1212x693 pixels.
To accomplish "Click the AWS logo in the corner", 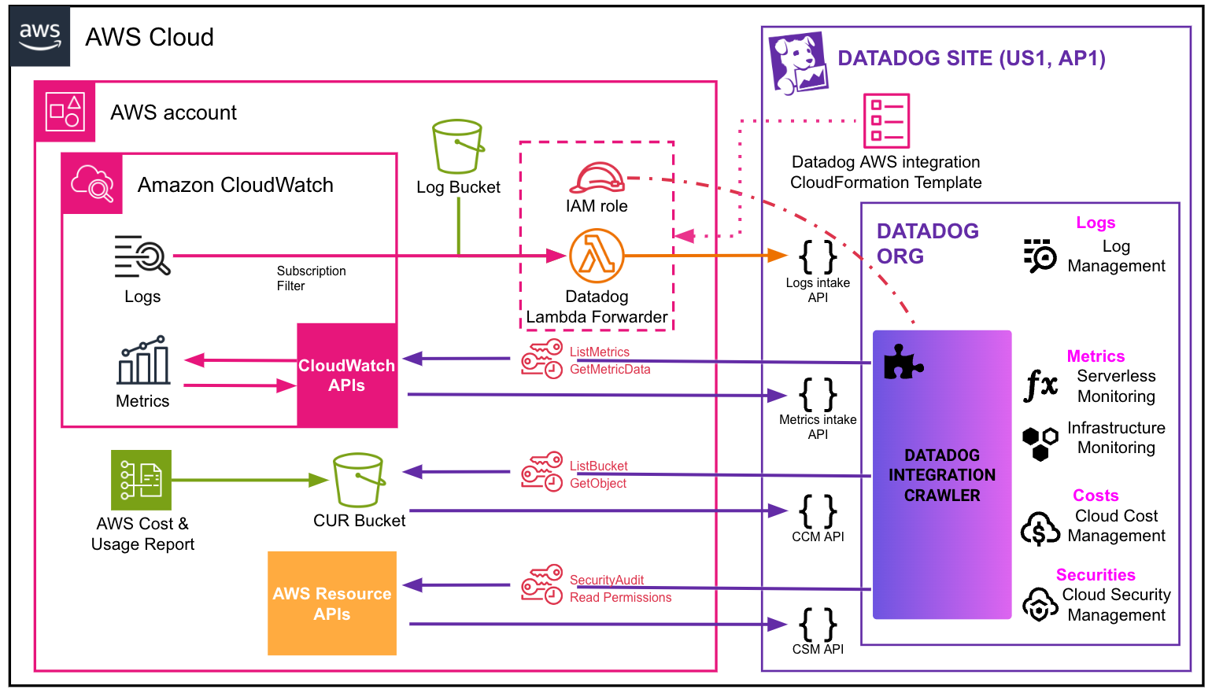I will [x=39, y=36].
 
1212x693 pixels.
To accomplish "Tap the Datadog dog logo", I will [x=798, y=62].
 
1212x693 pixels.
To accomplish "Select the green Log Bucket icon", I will [x=458, y=146].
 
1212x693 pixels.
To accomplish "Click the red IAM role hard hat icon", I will [x=597, y=178].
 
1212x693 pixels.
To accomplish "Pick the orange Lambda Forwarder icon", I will [x=597, y=256].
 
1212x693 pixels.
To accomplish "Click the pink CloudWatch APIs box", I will [x=346, y=375].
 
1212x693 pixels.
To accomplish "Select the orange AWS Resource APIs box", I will [x=331, y=603].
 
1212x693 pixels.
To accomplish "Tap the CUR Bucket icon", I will [x=359, y=480].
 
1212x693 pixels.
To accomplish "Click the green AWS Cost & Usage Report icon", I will [x=142, y=480].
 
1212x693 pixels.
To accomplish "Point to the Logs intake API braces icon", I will [x=818, y=256].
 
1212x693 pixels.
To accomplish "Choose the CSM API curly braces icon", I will [x=818, y=625].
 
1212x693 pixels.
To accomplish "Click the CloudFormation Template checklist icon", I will [x=886, y=121].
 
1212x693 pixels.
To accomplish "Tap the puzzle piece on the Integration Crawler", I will [x=902, y=362].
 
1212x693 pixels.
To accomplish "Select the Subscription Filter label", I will [x=311, y=278].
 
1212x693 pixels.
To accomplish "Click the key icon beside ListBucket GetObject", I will [x=541, y=472].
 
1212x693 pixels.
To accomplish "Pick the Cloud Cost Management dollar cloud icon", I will [x=1040, y=529].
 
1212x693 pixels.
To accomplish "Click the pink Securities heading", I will [x=1096, y=575].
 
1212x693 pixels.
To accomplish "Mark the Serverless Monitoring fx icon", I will [x=1040, y=385].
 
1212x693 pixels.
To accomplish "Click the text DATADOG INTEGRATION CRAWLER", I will [x=942, y=475].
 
